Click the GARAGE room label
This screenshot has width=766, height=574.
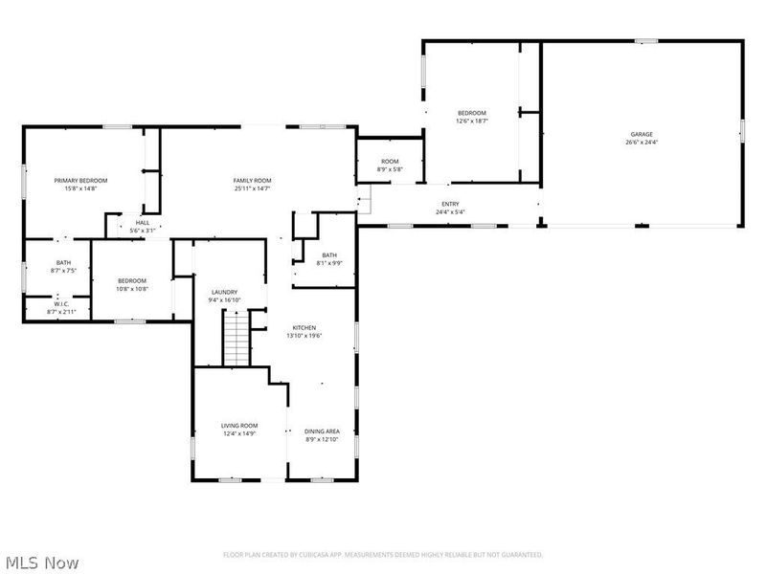tap(641, 134)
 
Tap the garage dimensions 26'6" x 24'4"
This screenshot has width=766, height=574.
tap(641, 143)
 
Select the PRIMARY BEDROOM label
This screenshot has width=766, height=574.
tap(80, 180)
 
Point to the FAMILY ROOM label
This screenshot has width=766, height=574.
tap(253, 180)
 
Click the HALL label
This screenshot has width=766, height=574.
tap(142, 222)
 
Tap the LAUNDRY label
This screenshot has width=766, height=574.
tap(224, 292)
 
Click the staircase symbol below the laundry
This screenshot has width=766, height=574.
tap(236, 339)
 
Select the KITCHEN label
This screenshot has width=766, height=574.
tap(304, 327)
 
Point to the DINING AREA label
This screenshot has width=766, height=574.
tap(323, 431)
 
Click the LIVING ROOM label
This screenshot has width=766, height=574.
tap(240, 426)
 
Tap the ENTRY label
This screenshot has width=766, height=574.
tap(450, 204)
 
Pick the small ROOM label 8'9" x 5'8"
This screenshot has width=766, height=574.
tap(390, 162)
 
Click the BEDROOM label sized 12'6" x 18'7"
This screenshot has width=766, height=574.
tap(471, 113)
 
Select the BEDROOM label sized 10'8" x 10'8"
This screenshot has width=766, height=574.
tap(132, 280)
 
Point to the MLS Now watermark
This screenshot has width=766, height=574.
tap(41, 563)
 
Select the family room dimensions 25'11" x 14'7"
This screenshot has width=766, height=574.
tap(253, 188)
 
